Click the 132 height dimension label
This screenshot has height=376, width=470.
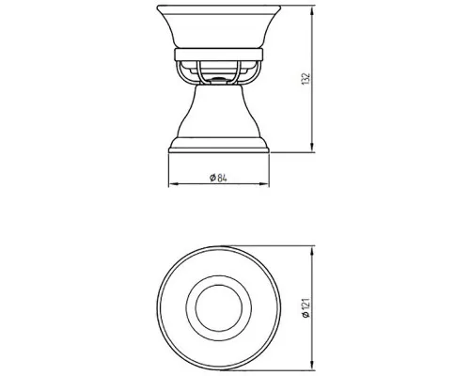(306, 79)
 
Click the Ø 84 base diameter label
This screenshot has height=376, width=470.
(218, 178)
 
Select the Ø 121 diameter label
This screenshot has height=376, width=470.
(306, 308)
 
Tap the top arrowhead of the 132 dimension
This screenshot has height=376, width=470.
(312, 11)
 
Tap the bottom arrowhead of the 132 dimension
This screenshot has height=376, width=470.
(312, 147)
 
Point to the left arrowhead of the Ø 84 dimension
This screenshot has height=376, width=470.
(174, 184)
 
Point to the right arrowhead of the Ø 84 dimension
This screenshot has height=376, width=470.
(264, 184)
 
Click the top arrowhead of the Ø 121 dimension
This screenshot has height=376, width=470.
(311, 251)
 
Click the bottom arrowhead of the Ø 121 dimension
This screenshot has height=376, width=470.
(311, 366)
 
